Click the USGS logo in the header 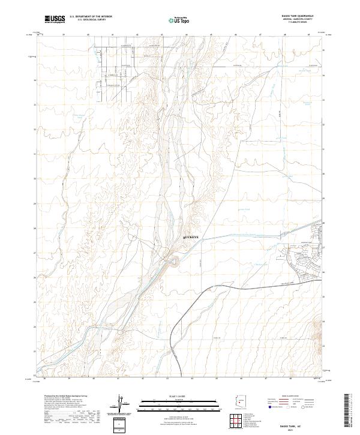(x=55, y=19)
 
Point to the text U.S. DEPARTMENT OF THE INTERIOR (x=91, y=16)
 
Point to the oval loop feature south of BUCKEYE (x=174, y=261)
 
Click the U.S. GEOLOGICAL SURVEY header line (x=91, y=20)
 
